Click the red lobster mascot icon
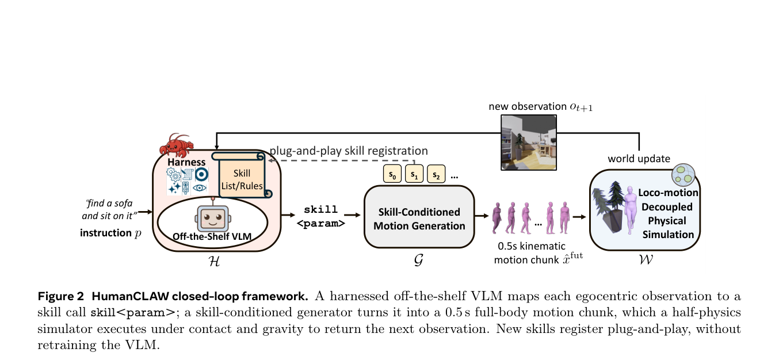[x=176, y=145]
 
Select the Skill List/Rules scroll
[x=242, y=175]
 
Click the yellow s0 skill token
[x=392, y=174]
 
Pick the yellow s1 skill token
[x=414, y=174]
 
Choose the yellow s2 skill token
[x=436, y=174]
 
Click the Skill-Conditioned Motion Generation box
[x=419, y=217]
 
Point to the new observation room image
[x=529, y=143]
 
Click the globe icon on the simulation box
[x=683, y=175]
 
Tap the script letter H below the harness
[x=214, y=261]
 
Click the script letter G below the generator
[x=419, y=260]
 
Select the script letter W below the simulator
[x=646, y=259]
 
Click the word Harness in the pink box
[x=186, y=162]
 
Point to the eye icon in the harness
[x=199, y=188]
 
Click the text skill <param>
[x=320, y=216]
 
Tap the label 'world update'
[x=639, y=159]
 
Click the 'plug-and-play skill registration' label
[x=349, y=151]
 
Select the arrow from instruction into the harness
[x=146, y=212]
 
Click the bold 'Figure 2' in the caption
[x=61, y=296]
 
